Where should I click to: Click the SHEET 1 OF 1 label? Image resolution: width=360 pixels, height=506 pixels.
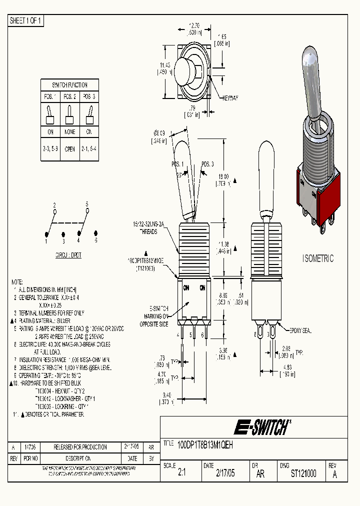pos(26,20)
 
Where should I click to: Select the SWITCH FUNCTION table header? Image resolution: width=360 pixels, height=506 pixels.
pos(69,85)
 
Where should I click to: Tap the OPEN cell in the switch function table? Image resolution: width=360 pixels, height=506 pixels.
pos(69,149)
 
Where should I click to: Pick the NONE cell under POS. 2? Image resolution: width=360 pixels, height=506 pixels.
pos(69,132)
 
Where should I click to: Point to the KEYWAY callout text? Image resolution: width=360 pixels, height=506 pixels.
pos(230,98)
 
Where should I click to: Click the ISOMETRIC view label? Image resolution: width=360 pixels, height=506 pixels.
pos(318,258)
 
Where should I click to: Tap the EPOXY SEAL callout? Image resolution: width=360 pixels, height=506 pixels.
pos(300,330)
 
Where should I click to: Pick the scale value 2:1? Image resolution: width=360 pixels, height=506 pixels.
pos(182,473)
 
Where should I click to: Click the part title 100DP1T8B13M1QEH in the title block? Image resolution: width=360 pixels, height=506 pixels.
pos(205,443)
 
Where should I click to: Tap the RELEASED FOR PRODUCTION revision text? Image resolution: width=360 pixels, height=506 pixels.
pos(80,447)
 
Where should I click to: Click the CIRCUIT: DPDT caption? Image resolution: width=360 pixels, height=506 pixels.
pos(69,255)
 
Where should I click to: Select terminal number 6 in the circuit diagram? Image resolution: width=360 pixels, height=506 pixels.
pos(95,241)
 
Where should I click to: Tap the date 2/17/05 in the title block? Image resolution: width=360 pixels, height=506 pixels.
pos(224,473)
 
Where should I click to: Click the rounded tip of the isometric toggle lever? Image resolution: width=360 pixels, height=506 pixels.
pos(309,55)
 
